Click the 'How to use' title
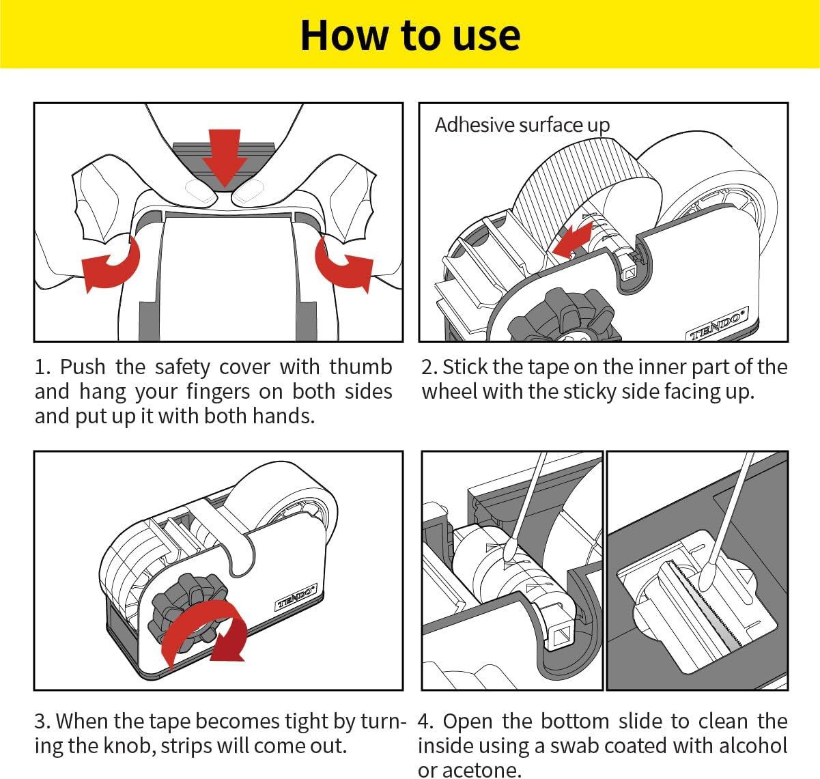[410, 36]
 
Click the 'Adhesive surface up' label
[522, 125]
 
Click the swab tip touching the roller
[509, 550]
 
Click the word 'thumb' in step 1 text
[360, 367]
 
